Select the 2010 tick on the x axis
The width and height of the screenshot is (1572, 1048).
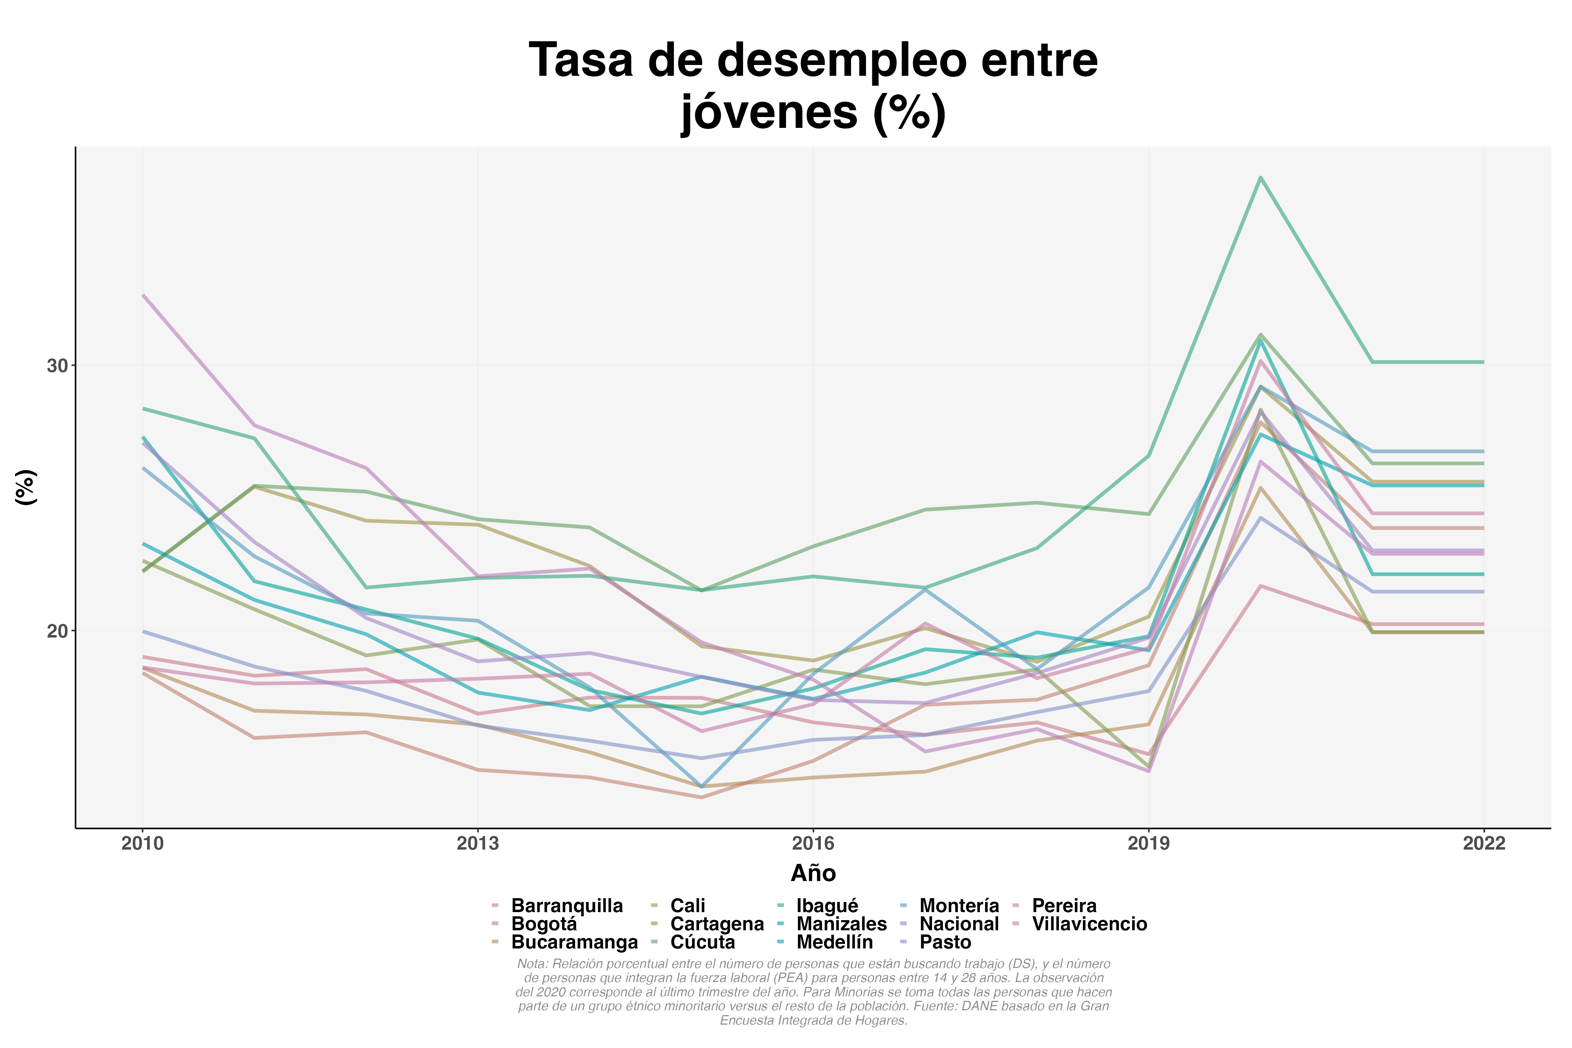tap(143, 844)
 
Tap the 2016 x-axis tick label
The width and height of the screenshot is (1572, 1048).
tap(813, 844)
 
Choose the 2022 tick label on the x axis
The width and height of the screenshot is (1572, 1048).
tap(1484, 844)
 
